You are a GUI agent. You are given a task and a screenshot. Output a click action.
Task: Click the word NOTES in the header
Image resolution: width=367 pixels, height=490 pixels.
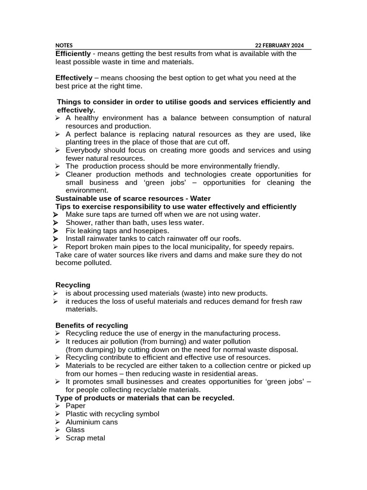(x=64, y=45)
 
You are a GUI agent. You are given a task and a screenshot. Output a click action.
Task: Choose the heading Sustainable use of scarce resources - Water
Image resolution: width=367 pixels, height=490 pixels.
(x=133, y=198)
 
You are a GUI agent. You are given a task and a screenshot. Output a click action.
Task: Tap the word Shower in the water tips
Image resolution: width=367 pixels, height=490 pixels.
(x=78, y=223)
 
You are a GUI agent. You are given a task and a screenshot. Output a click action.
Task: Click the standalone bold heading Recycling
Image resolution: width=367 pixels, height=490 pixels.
(x=73, y=285)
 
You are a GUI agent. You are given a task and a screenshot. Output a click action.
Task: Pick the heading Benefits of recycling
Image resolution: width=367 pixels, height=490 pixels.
(x=92, y=325)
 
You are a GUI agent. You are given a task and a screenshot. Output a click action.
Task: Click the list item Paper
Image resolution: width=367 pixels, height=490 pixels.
(x=76, y=406)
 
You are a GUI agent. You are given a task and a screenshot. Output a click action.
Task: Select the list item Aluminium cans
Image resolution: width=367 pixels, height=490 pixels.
(x=92, y=422)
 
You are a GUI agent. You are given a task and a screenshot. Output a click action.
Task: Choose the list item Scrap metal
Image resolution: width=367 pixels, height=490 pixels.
(x=85, y=438)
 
